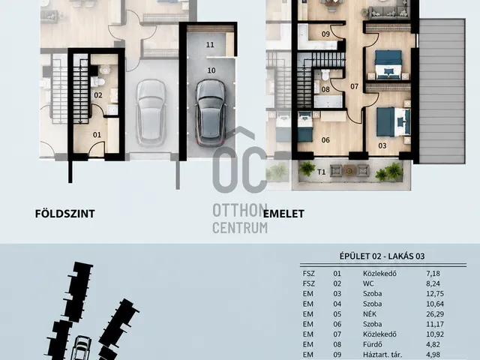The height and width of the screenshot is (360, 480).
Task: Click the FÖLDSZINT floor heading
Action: (x=65, y=214)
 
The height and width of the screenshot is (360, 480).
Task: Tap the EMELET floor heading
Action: (x=283, y=214)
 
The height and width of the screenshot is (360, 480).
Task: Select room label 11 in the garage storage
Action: (x=210, y=45)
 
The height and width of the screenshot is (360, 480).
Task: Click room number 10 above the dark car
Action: (x=211, y=70)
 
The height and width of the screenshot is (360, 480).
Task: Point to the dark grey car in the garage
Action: (x=211, y=112)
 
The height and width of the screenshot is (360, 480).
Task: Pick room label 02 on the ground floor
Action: (x=98, y=95)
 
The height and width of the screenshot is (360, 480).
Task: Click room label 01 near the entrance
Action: (x=97, y=135)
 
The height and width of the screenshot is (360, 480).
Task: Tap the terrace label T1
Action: (x=321, y=172)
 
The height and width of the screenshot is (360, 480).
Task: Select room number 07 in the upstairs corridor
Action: (x=354, y=87)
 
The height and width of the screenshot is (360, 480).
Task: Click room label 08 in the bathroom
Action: (x=325, y=89)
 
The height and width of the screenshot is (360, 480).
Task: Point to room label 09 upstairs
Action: (x=325, y=34)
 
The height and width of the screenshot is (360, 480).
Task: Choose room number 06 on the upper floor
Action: (x=325, y=140)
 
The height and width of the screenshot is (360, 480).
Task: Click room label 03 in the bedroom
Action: (x=382, y=145)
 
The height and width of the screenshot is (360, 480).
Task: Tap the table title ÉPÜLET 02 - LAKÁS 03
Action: (x=382, y=256)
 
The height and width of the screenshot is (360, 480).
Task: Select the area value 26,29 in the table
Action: (x=435, y=314)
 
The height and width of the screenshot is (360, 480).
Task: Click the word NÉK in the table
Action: (x=370, y=314)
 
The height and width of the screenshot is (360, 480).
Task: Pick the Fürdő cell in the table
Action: (x=371, y=344)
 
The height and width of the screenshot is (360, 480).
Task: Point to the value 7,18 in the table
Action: (x=433, y=274)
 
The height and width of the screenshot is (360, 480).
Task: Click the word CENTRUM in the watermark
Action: (x=240, y=228)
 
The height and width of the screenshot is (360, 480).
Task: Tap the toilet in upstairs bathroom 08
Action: (x=325, y=74)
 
